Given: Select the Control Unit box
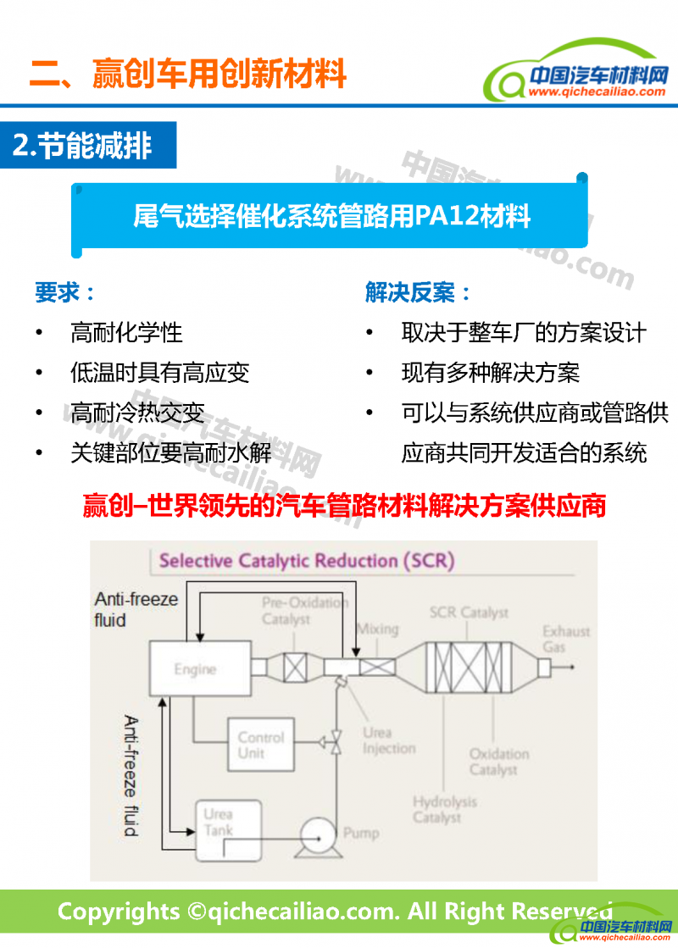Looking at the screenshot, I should pyautogui.click(x=261, y=745).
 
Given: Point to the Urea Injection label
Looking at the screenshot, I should pyautogui.click(x=389, y=740).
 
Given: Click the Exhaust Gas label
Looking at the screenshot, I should pyautogui.click(x=566, y=640).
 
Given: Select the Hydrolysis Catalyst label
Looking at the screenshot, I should pyautogui.click(x=444, y=809).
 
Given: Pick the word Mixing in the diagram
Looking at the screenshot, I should pyautogui.click(x=377, y=629).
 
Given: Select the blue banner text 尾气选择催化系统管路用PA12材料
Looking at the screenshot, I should pyautogui.click(x=331, y=216).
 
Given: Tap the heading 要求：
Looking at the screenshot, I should pyautogui.click(x=65, y=293).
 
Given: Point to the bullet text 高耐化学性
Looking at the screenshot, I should pyautogui.click(x=126, y=333).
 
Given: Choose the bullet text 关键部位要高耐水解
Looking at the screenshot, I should pyautogui.click(x=171, y=453).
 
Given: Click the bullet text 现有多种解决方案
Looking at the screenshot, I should pyautogui.click(x=491, y=373).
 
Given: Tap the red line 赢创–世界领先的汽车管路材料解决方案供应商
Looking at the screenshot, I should pyautogui.click(x=344, y=506).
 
